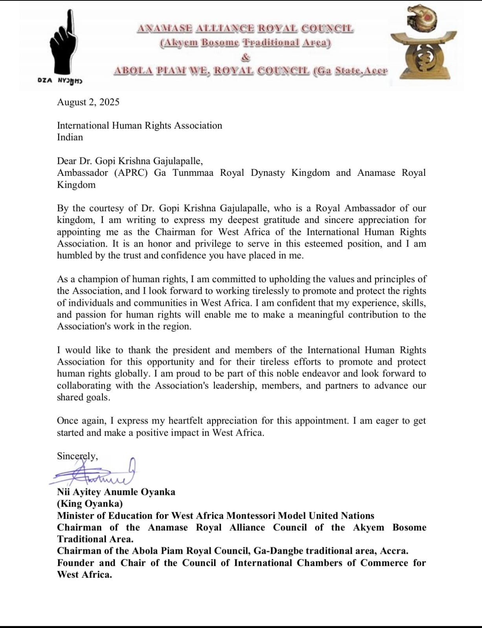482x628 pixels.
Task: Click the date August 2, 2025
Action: pyautogui.click(x=88, y=102)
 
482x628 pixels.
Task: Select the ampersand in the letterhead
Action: pyautogui.click(x=246, y=57)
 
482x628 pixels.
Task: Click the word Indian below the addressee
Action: pyautogui.click(x=70, y=137)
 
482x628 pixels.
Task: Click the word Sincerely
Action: pyautogui.click(x=77, y=456)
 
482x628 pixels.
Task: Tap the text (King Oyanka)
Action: pyautogui.click(x=90, y=504)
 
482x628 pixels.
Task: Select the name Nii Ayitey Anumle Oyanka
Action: pyautogui.click(x=116, y=492)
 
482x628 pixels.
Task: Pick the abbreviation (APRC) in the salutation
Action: pyautogui.click(x=131, y=173)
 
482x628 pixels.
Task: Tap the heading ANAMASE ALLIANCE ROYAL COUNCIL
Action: pyautogui.click(x=245, y=29)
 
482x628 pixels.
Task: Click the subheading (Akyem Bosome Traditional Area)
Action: pyautogui.click(x=245, y=43)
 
